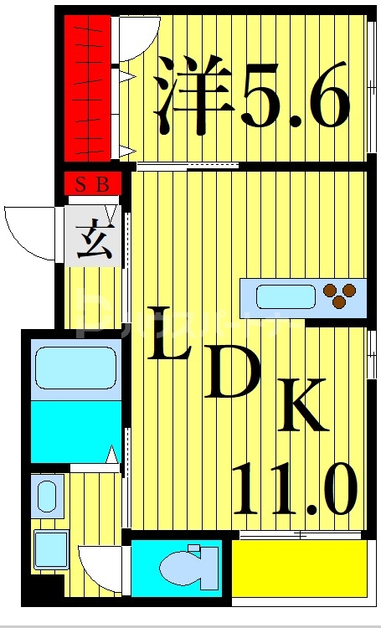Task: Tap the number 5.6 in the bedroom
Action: tap(295, 97)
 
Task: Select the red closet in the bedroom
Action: tap(88, 89)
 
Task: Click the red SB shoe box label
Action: tap(92, 185)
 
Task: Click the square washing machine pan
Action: tap(51, 549)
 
